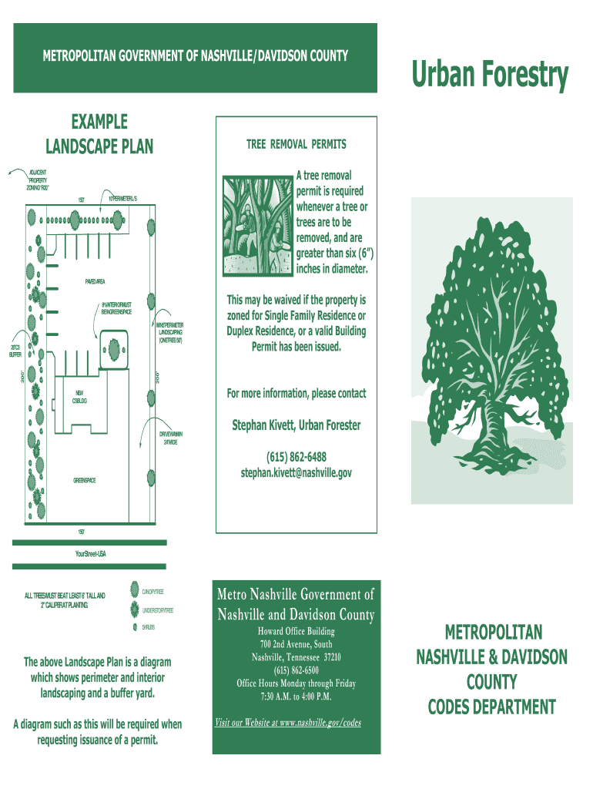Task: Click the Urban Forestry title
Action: (490, 76)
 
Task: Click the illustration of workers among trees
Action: (257, 226)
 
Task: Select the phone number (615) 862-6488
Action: (296, 457)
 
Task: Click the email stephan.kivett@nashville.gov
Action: (296, 472)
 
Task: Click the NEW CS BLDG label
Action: (80, 397)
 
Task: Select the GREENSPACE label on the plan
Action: (85, 481)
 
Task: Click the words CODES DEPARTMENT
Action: (491, 707)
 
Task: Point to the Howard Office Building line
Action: (296, 632)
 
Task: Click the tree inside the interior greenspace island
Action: (114, 348)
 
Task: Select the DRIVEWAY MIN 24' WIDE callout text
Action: (171, 438)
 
